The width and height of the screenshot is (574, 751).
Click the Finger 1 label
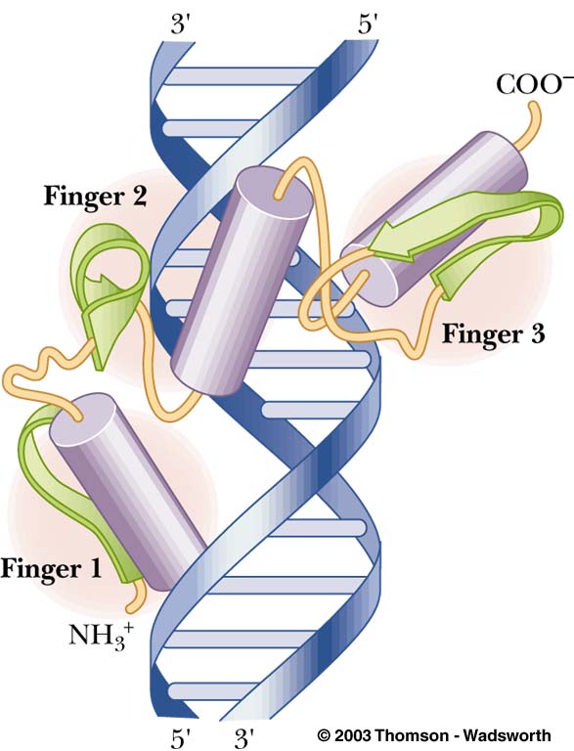coord(51,569)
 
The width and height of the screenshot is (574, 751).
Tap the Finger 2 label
coord(95,196)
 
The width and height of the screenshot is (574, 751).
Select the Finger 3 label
coord(493,333)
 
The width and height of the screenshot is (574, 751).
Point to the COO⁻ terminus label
coord(534,85)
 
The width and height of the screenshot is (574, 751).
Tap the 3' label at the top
coord(182,23)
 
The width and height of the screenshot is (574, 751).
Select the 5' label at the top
coord(368,23)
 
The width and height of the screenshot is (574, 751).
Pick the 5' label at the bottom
coord(182,738)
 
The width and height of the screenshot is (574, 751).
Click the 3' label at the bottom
coord(243,738)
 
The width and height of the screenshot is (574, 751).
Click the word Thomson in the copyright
coord(408,735)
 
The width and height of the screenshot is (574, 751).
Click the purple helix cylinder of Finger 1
coord(128,491)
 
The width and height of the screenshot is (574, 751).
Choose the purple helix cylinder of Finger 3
coord(436,219)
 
